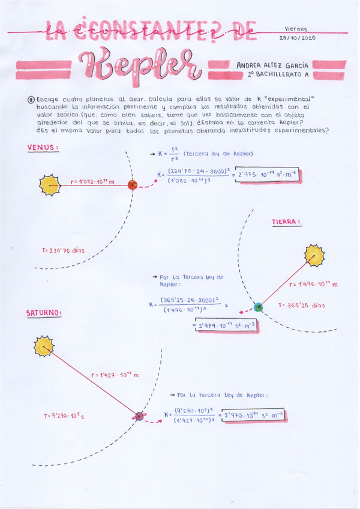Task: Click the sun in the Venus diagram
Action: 50,184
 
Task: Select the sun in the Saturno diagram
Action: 43,346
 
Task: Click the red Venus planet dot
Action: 133,185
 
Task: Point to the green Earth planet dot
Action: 258,307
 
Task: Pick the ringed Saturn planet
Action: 139,416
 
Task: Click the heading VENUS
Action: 43,147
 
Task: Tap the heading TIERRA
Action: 286,221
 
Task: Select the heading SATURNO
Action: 44,313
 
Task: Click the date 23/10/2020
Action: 297,37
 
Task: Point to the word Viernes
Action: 295,28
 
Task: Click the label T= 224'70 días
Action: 63,250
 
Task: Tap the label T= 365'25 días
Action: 301,305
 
